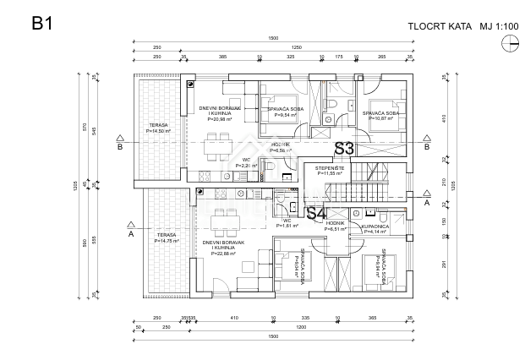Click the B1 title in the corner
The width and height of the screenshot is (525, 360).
tap(42, 24)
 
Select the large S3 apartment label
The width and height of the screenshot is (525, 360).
tap(344, 148)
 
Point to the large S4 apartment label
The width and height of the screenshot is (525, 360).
tap(315, 214)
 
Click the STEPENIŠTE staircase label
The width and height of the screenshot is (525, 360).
tap(330, 168)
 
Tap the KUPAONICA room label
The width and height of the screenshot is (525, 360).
tap(374, 226)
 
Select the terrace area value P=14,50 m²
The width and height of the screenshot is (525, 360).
tap(158, 132)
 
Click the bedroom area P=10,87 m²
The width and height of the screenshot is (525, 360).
tap(380, 118)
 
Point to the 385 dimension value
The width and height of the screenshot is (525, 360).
tap(222, 57)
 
